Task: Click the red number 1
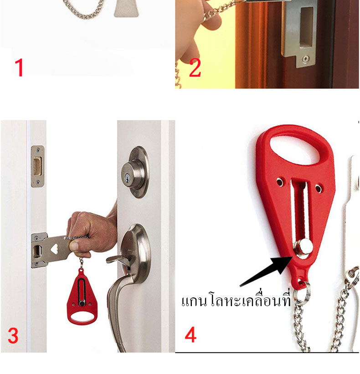pos(19,68)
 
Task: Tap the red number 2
pos(195,68)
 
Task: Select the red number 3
pos(13,336)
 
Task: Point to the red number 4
pos(190,335)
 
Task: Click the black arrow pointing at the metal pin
pos(266,271)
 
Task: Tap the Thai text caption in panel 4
pos(236,299)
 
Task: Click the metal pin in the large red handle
pos(303,249)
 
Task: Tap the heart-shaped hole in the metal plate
pos(55,249)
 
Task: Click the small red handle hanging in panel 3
pos(82,297)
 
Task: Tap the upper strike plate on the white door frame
pos(37,166)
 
